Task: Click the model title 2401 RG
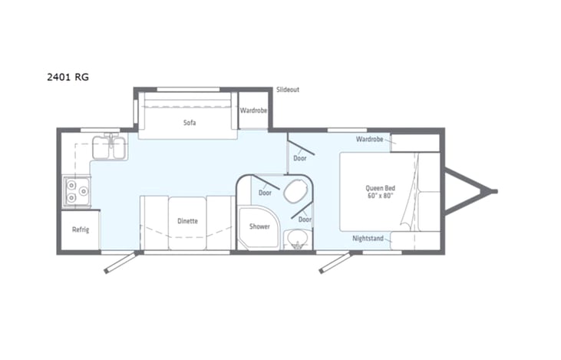pos(68,77)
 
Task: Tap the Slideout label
pos(288,90)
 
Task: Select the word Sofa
pos(190,122)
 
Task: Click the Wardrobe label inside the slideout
pos(253,111)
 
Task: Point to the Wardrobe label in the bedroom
pos(370,139)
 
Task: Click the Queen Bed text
pos(381,188)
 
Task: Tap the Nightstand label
pos(368,238)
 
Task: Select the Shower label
pos(259,226)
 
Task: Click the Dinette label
pos(187,221)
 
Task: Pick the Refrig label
pos(81,230)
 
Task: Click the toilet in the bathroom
pos(296,190)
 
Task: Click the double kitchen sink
pos(110,147)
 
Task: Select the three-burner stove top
pos(77,191)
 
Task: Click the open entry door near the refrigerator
pos(120,263)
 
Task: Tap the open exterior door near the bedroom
pos(335,263)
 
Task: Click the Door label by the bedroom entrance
pos(300,158)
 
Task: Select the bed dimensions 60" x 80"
pos(381,196)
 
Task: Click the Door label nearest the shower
pos(265,193)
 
